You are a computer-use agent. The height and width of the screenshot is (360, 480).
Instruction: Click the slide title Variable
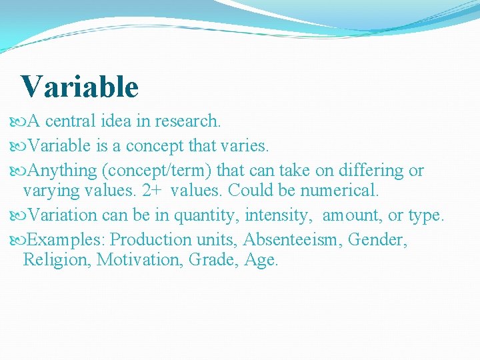tap(79, 87)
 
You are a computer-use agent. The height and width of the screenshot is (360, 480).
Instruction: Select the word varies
tap(246, 145)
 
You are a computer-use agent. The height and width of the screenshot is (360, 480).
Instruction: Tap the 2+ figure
tap(151, 191)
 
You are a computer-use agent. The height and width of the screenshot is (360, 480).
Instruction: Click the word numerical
tap(339, 191)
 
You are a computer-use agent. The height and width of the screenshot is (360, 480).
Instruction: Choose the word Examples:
tap(68, 239)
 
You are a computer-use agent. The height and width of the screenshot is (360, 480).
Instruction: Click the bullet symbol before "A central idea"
tap(19, 122)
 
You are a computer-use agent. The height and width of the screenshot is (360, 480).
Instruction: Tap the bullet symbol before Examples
tap(19, 240)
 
